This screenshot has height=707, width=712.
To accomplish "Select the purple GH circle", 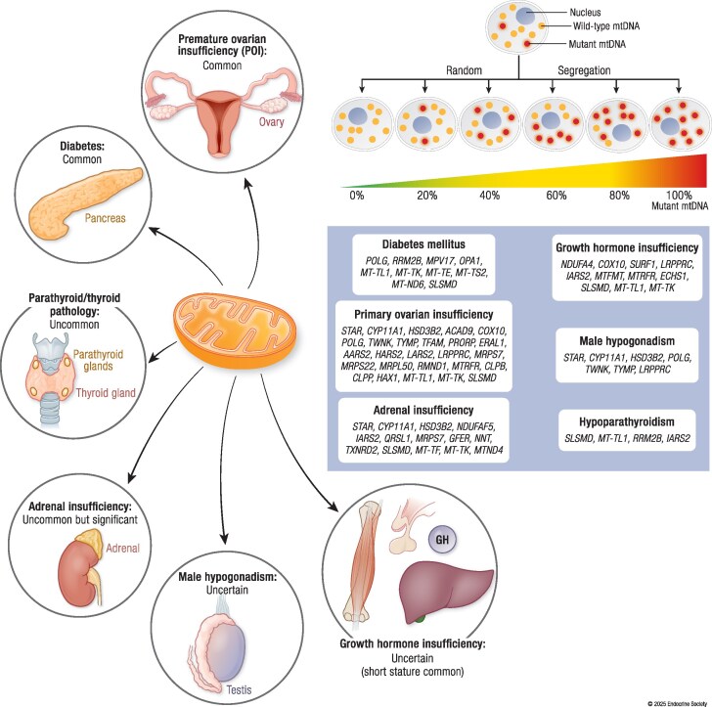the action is pyautogui.click(x=442, y=539).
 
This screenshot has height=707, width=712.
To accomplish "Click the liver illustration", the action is pyautogui.click(x=445, y=591).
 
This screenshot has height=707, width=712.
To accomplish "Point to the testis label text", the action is pyautogui.click(x=239, y=689).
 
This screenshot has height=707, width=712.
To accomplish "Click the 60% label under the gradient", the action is pyautogui.click(x=556, y=196).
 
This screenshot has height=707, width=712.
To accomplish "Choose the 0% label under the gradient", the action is pyautogui.click(x=357, y=196).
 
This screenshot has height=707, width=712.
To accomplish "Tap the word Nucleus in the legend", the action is pyautogui.click(x=585, y=13).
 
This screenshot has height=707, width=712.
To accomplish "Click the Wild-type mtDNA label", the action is pyautogui.click(x=605, y=25).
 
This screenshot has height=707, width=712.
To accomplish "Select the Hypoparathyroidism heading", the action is pyautogui.click(x=627, y=421).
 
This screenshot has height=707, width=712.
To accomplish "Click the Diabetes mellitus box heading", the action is pyautogui.click(x=423, y=244).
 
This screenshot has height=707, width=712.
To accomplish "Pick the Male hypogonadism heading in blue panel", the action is pyautogui.click(x=627, y=341).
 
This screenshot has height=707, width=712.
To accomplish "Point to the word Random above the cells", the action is pyautogui.click(x=464, y=70).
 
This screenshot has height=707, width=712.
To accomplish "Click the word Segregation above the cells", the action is pyautogui.click(x=584, y=70).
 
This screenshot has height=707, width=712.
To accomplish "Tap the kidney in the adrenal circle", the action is pyautogui.click(x=76, y=573).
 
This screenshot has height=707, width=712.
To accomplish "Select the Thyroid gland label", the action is pyautogui.click(x=106, y=393).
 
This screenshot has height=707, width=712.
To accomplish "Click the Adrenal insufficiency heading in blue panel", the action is pyautogui.click(x=423, y=410).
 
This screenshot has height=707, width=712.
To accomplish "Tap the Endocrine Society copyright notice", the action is pyautogui.click(x=677, y=703).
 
